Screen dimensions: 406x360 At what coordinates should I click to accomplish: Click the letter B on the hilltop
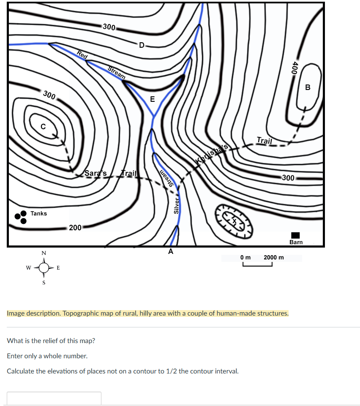308,87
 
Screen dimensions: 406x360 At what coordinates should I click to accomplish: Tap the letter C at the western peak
43,126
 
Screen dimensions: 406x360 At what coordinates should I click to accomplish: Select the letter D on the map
141,45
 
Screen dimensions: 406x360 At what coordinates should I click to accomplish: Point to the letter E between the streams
152,100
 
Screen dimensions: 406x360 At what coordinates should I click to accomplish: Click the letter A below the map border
171,252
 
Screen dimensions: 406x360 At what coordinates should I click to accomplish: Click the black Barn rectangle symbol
295,235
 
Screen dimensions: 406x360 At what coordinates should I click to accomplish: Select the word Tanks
38,213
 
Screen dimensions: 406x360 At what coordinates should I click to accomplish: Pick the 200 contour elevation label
75,228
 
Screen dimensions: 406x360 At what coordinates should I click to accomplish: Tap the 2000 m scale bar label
274,257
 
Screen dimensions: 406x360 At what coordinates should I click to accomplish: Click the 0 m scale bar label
245,257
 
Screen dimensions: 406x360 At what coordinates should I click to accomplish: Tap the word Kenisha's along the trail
212,153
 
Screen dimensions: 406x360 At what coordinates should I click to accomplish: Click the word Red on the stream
82,55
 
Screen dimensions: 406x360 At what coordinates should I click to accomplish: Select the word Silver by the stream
177,206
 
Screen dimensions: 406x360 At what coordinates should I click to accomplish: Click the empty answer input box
54,398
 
